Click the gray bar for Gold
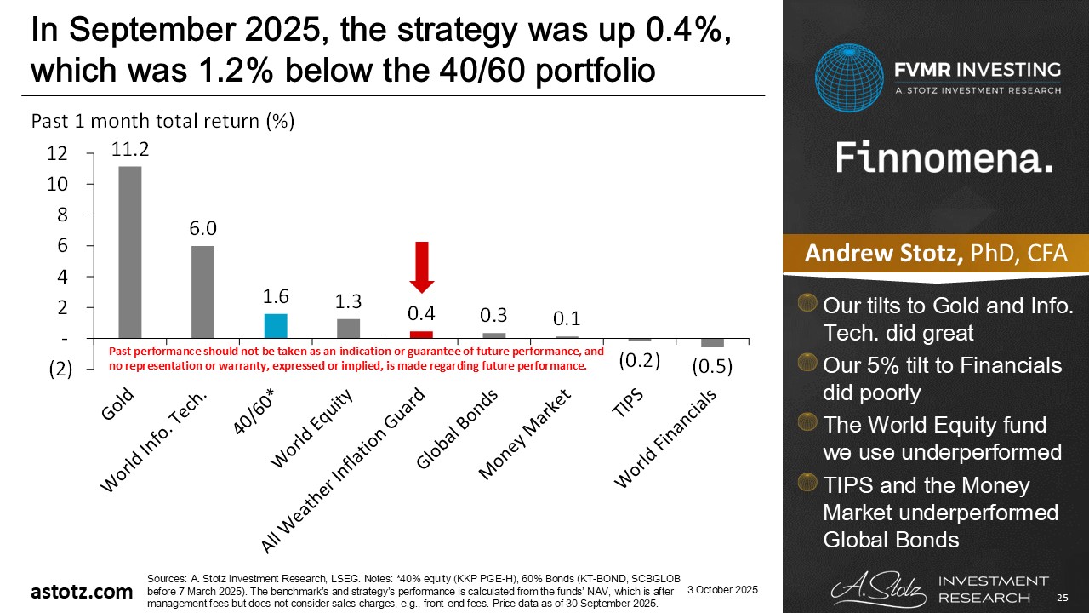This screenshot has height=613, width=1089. pyautogui.click(x=129, y=252)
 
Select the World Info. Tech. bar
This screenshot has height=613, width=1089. pyautogui.click(x=202, y=292)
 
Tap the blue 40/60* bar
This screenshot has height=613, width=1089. pyautogui.click(x=276, y=326)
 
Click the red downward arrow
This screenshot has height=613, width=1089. pyautogui.click(x=421, y=266)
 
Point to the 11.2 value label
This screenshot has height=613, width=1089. pyautogui.click(x=130, y=149)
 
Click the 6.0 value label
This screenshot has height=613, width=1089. pyautogui.click(x=202, y=229)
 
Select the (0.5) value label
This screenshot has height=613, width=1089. pyautogui.click(x=711, y=367)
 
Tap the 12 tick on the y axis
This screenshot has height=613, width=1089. pyautogui.click(x=57, y=153)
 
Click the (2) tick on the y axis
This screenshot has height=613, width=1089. pyautogui.click(x=59, y=369)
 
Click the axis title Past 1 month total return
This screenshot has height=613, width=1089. pyautogui.click(x=162, y=121)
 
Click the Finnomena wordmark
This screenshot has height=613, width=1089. pyautogui.click(x=944, y=158)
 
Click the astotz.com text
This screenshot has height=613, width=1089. pyautogui.click(x=82, y=591)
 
